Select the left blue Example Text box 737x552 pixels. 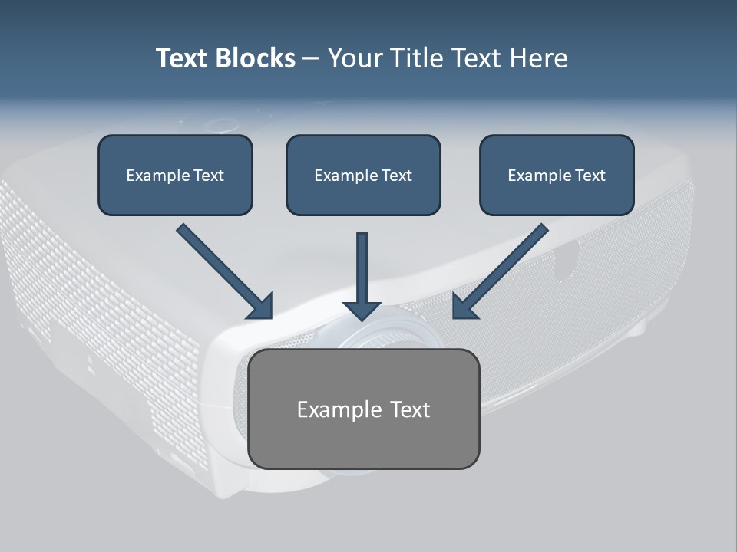click(x=175, y=176)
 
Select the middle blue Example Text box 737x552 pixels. click(x=363, y=176)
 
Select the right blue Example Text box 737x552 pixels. click(x=557, y=176)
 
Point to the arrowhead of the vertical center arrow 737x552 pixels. click(x=362, y=310)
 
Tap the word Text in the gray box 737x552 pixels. click(x=410, y=409)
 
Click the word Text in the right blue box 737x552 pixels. click(x=590, y=176)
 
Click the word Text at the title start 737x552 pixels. click(x=182, y=58)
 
